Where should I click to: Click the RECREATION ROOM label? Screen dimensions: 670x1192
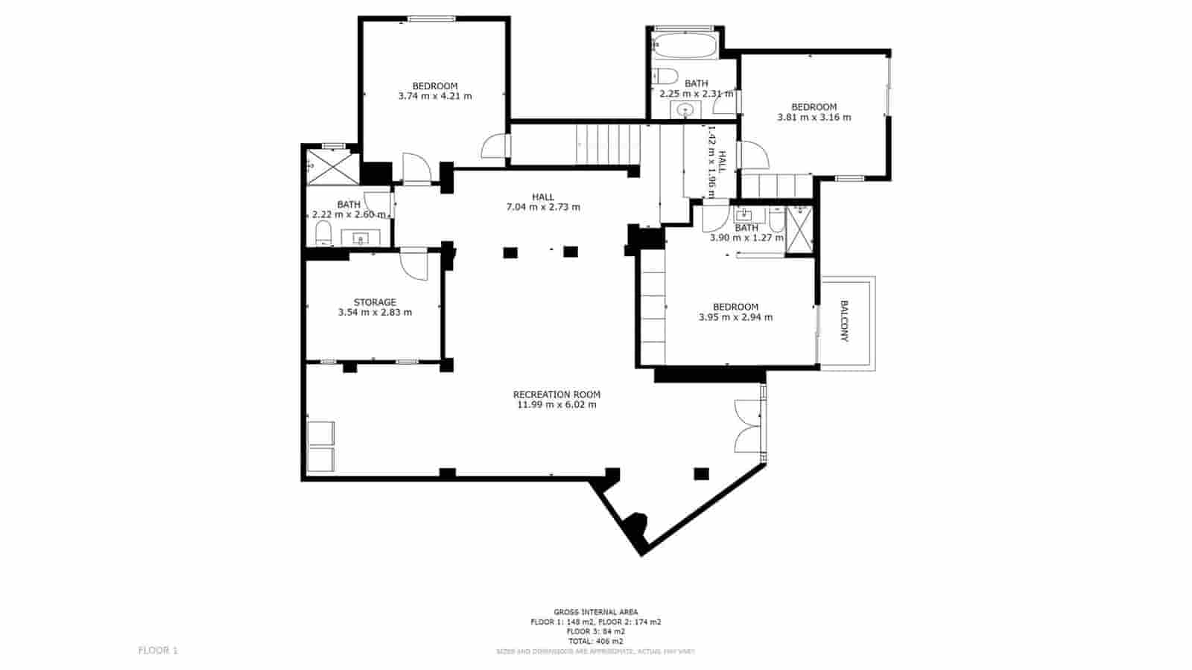click(x=557, y=395)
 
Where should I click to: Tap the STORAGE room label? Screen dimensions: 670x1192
click(x=375, y=302)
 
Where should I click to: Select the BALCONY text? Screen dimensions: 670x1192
click(x=844, y=321)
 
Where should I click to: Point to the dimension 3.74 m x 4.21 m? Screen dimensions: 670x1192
click(x=435, y=96)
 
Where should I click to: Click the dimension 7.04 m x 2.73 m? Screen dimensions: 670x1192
click(x=543, y=207)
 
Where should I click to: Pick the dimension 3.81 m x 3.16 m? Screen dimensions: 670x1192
click(x=814, y=117)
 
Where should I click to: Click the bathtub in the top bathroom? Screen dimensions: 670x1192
click(x=684, y=47)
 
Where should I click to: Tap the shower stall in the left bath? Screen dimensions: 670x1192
click(x=332, y=166)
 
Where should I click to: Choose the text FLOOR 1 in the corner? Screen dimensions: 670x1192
click(x=158, y=651)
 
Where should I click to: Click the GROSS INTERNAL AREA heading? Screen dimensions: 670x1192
click(x=595, y=612)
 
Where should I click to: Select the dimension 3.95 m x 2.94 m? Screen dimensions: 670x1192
click(x=735, y=317)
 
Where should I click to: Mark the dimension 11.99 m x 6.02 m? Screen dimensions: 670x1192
click(x=557, y=405)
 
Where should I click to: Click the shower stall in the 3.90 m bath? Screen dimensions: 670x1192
click(x=799, y=229)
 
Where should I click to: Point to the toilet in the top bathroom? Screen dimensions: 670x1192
click(x=665, y=75)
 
